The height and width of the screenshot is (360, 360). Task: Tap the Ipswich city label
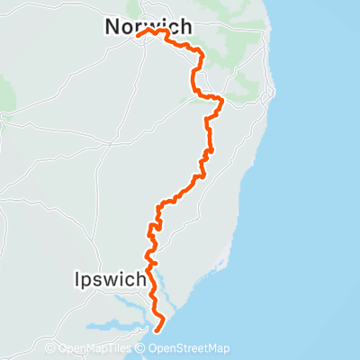(109, 280)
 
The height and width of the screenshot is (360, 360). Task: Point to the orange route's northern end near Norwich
(138, 36)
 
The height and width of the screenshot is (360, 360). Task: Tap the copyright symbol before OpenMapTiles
(50, 349)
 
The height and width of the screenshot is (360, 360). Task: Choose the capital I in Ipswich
(76, 280)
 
